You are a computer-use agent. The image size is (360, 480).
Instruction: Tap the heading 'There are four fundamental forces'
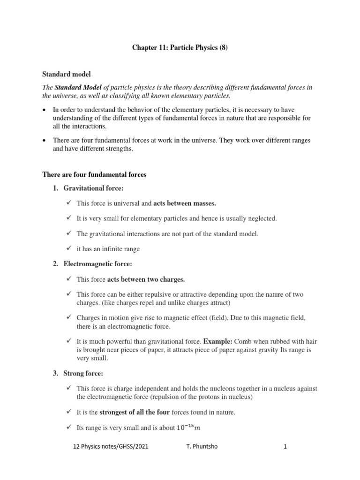click(x=94, y=174)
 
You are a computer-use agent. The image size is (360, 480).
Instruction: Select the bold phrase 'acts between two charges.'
click(x=146, y=279)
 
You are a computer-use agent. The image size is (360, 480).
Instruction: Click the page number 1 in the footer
click(x=285, y=447)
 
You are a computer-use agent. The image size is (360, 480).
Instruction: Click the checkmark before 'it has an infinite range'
click(x=68, y=248)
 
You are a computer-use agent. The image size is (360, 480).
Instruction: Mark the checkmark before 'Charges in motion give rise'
click(x=68, y=317)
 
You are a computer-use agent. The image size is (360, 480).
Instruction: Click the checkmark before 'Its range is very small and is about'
click(x=68, y=427)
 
